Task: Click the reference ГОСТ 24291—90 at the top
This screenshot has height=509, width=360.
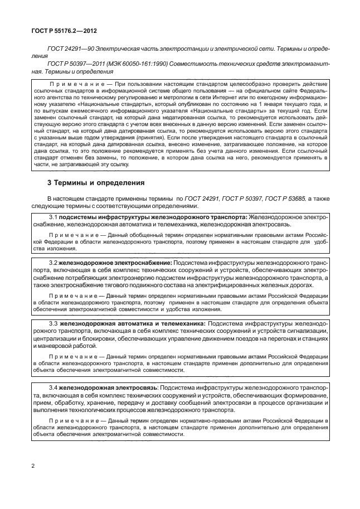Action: click(70, 49)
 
